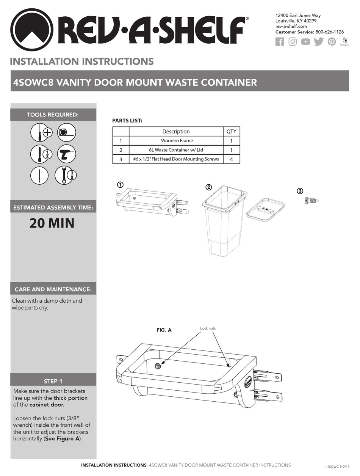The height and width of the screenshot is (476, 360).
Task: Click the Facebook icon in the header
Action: (x=279, y=42)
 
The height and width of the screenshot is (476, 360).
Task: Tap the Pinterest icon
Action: (x=332, y=42)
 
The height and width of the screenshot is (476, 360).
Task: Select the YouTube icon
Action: (x=305, y=42)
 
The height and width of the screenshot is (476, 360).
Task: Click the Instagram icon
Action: (x=293, y=42)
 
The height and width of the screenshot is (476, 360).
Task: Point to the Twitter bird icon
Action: (x=318, y=42)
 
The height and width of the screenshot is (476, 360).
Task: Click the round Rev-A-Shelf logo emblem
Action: (x=32, y=30)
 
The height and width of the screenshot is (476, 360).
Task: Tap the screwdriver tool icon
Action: (x=39, y=132)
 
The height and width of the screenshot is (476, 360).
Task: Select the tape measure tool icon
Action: (x=67, y=132)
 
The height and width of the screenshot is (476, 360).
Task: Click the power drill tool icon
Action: (x=67, y=154)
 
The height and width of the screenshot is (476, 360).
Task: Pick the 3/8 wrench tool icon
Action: (x=66, y=175)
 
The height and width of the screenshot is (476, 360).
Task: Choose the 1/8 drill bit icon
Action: (x=39, y=154)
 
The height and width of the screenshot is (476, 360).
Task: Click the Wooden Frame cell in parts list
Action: (x=176, y=141)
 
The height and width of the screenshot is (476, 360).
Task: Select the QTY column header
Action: (x=231, y=132)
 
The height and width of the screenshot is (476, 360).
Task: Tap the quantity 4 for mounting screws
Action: (x=231, y=159)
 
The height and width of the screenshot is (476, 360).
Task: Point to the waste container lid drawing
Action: (x=266, y=209)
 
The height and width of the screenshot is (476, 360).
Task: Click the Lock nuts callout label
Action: (x=208, y=328)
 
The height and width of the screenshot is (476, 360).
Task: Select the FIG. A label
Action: (x=164, y=330)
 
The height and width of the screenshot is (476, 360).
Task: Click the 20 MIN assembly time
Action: (x=52, y=223)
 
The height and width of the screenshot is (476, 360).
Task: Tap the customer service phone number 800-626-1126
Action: (x=329, y=32)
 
